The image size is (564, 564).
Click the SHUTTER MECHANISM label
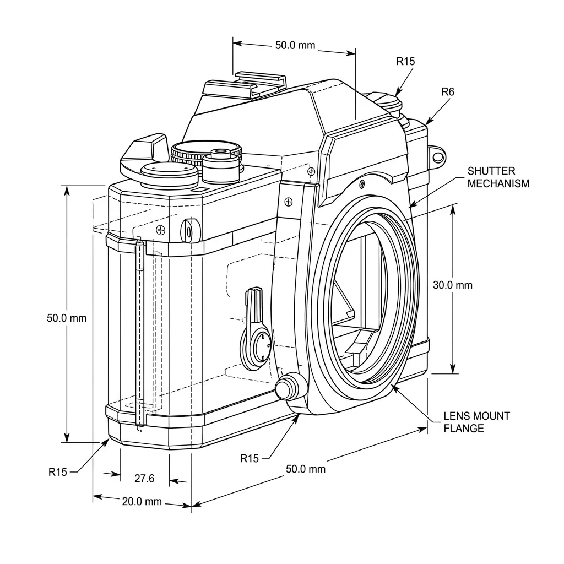click(498, 177)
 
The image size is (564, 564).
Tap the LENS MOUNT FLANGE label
click(476, 422)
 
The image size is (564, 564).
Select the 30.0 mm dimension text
click(453, 285)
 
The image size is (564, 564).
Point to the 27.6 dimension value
click(144, 479)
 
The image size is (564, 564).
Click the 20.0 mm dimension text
click(142, 501)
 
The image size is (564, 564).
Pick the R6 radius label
click(448, 92)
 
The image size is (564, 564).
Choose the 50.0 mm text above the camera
click(295, 45)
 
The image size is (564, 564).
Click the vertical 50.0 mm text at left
click(67, 318)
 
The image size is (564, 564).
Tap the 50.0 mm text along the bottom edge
click(306, 469)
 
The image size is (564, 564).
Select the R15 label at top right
click(405, 61)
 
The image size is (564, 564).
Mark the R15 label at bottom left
click(58, 471)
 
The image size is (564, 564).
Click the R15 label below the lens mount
click(250, 458)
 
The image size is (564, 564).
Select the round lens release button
click(291, 387)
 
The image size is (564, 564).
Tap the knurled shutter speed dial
click(206, 153)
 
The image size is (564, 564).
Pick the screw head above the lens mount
click(362, 182)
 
